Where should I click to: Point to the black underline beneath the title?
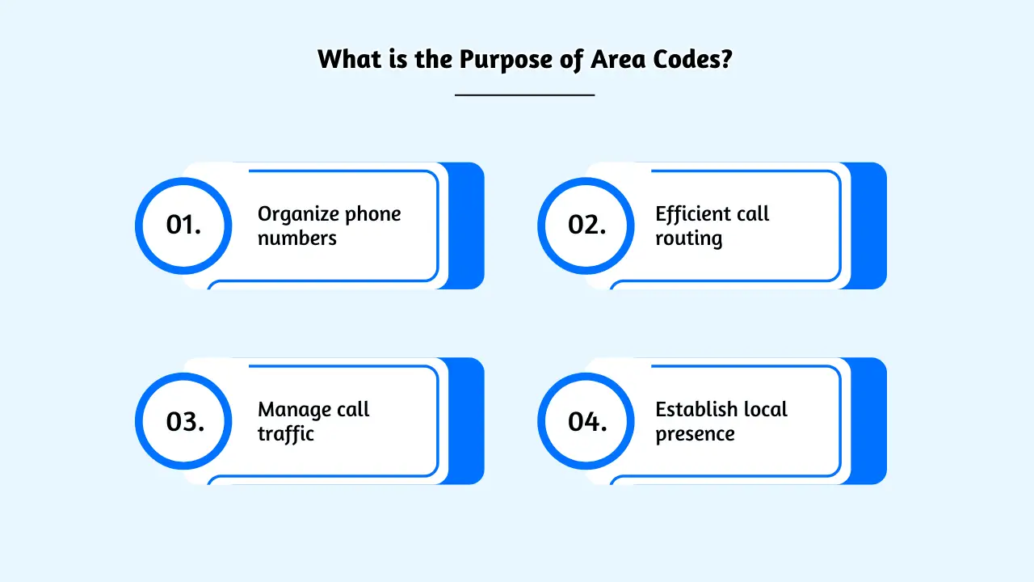[x=524, y=95]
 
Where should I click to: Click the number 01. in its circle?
[x=183, y=225]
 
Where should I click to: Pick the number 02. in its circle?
[x=586, y=225]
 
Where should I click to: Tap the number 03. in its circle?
[x=185, y=421]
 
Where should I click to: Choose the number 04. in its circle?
[x=587, y=421]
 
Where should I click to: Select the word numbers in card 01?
[x=297, y=239]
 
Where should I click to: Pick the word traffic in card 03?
[x=286, y=435]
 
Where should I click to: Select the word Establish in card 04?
[x=696, y=409]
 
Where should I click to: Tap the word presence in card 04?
[x=695, y=435]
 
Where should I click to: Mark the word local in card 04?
[x=765, y=409]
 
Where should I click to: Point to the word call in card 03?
[x=353, y=410]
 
